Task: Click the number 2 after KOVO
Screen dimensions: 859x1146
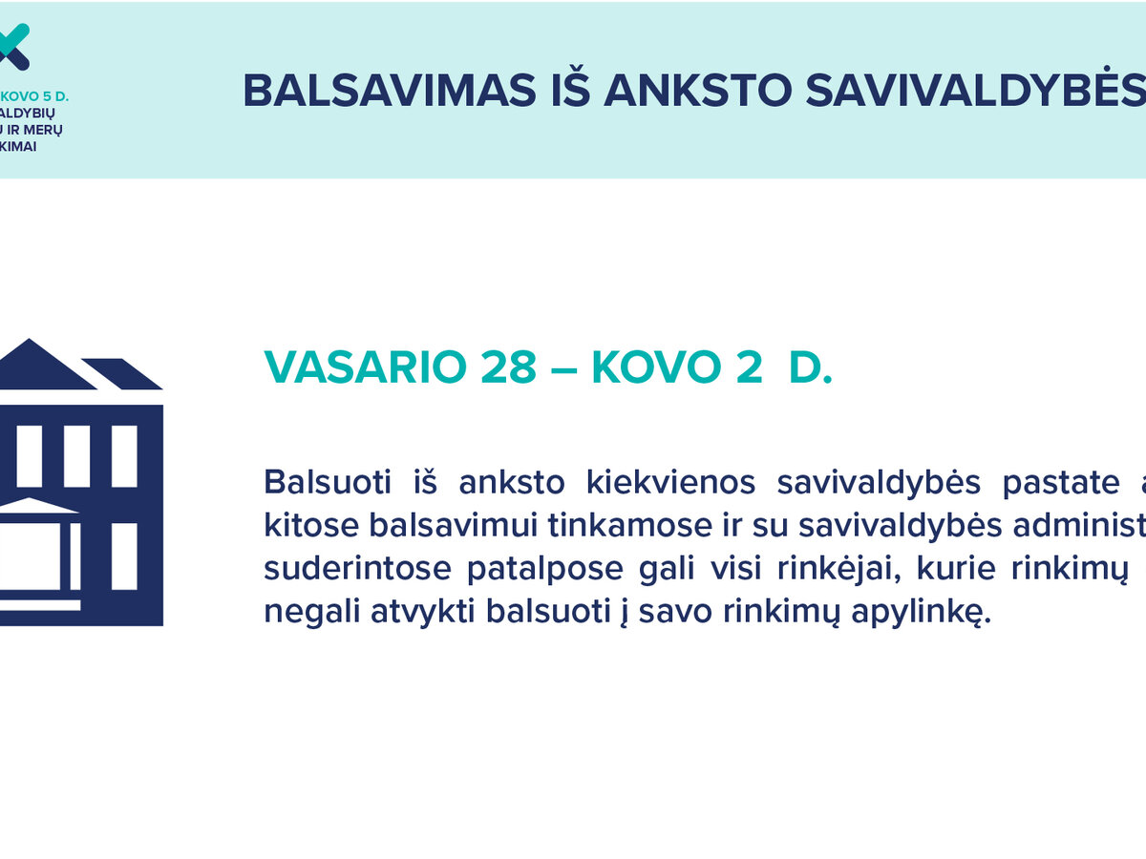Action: (746, 367)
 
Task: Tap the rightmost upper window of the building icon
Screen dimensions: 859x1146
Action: (124, 456)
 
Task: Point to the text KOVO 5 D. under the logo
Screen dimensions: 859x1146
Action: (36, 96)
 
